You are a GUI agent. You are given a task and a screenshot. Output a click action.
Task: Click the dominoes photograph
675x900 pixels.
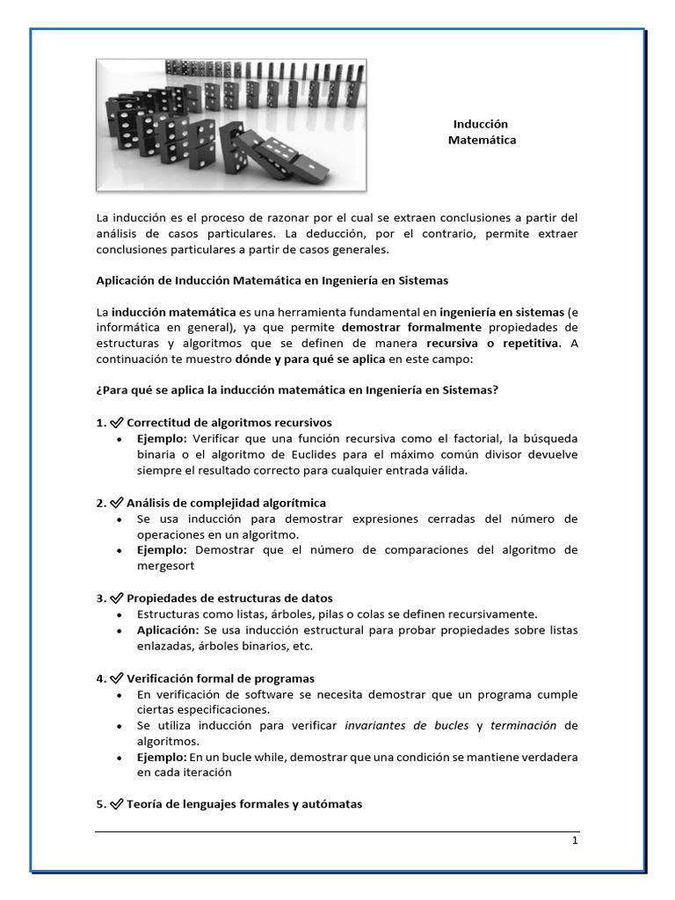click(231, 124)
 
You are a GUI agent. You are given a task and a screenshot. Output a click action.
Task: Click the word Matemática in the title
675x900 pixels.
click(482, 140)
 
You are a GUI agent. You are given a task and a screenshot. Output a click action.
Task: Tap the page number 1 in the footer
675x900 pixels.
click(575, 841)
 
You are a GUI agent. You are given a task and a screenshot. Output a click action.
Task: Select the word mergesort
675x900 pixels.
click(164, 566)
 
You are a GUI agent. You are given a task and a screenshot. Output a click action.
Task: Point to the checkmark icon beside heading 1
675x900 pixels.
click(116, 423)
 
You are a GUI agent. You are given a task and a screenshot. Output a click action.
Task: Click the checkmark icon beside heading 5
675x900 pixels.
click(116, 804)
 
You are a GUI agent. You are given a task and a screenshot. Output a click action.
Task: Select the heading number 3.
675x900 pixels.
click(99, 599)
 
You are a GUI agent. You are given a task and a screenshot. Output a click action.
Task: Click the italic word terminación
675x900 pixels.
click(524, 726)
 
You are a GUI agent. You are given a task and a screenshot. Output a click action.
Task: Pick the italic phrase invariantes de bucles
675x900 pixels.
click(406, 726)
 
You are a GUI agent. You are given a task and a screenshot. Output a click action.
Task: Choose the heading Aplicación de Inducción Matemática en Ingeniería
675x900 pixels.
click(272, 280)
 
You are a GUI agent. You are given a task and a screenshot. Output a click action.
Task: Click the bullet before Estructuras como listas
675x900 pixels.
click(119, 614)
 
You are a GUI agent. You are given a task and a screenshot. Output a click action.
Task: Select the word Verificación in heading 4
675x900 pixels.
click(163, 679)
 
